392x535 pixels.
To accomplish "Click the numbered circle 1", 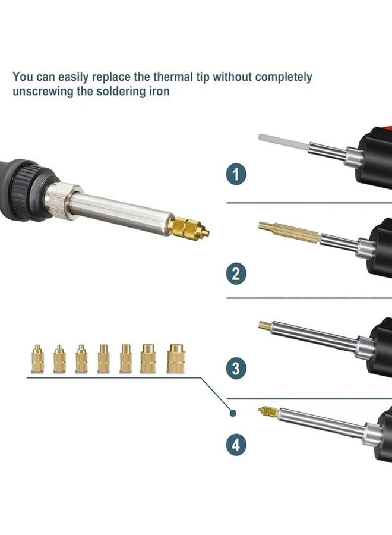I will [x=236, y=175].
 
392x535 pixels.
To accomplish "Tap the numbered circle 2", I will [x=236, y=273].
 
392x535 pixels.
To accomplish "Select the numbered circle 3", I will [x=236, y=369].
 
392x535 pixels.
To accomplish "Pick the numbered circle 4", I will [x=236, y=445].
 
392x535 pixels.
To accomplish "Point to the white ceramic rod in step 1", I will [x=282, y=142].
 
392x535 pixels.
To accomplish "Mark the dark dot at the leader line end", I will [x=233, y=413].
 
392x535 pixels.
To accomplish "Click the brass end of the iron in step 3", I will [x=266, y=325].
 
